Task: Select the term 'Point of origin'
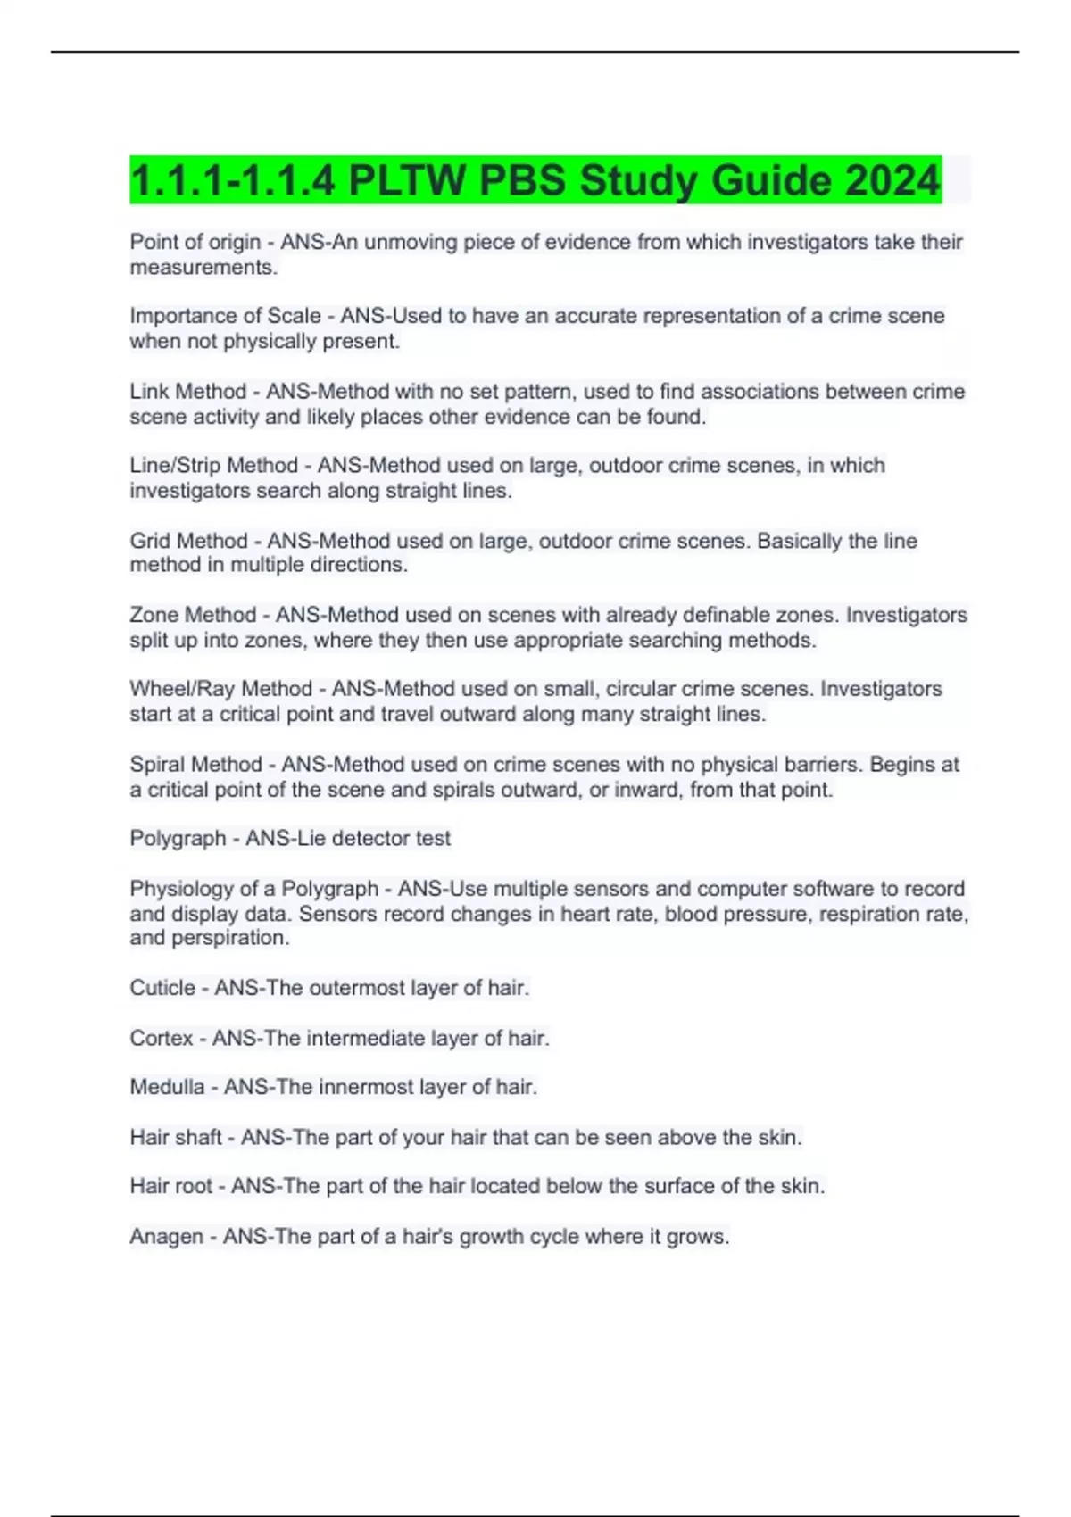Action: tap(195, 242)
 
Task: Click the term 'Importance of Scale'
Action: tap(225, 316)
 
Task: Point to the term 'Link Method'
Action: tap(187, 392)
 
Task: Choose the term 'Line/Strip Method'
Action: tap(213, 466)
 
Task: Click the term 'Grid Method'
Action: tap(188, 541)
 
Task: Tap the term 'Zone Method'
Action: tap(193, 615)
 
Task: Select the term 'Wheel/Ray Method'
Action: tap(220, 689)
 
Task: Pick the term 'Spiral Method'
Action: tap(195, 765)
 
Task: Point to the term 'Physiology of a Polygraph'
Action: tap(253, 889)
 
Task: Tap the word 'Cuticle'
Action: tap(162, 988)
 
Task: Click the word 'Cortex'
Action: tap(161, 1038)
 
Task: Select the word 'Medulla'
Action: tap(167, 1087)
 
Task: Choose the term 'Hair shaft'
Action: tap(176, 1137)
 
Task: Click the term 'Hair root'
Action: tap(170, 1186)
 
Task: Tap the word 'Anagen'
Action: tap(166, 1237)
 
